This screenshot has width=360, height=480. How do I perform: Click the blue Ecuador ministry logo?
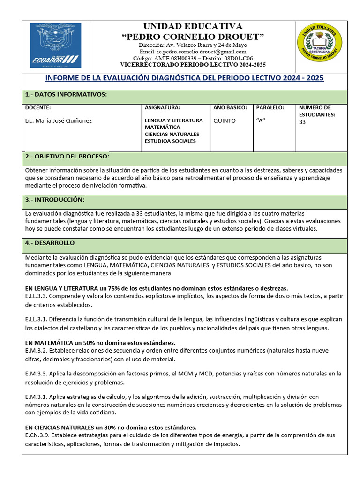(x=55, y=45)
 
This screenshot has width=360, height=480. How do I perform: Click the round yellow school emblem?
(x=320, y=43)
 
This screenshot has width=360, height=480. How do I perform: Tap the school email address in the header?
(x=193, y=52)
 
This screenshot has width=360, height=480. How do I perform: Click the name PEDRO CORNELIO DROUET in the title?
(x=193, y=37)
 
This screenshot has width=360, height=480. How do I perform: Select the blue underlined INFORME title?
(x=184, y=78)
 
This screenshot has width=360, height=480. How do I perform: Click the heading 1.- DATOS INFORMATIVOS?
(x=66, y=95)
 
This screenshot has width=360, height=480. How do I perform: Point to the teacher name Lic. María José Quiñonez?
(x=59, y=120)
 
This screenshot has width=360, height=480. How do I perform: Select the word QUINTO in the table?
(x=225, y=120)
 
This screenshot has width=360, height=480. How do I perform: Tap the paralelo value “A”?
(x=261, y=120)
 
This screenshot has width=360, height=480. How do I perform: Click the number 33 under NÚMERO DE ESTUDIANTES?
(x=302, y=122)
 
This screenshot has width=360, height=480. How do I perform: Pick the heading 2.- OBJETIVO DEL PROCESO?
(x=67, y=156)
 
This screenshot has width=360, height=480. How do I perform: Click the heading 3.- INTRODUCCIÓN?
(x=54, y=199)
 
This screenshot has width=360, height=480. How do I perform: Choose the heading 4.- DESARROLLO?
(x=50, y=243)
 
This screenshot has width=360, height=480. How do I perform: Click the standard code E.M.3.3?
(x=37, y=374)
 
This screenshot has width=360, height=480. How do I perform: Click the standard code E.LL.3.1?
(x=37, y=319)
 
